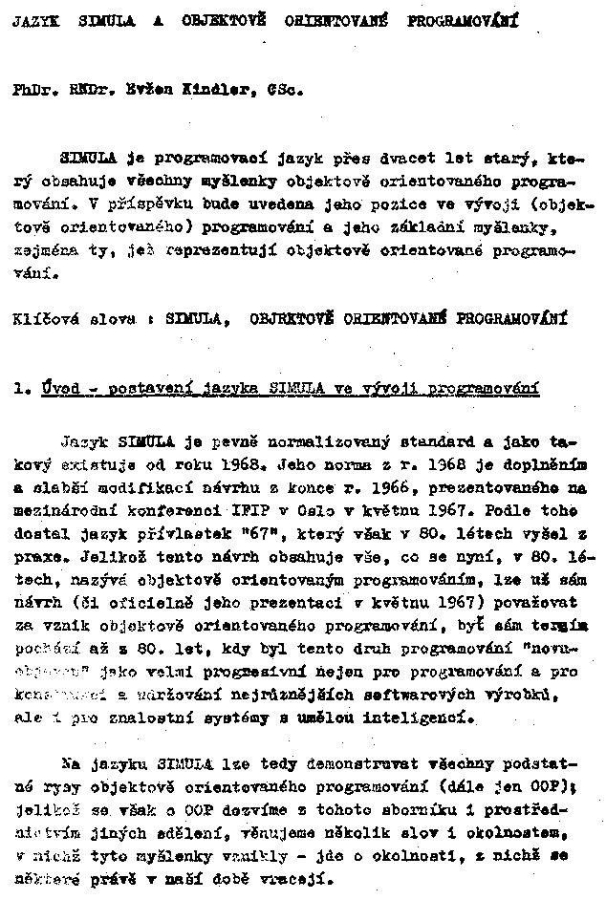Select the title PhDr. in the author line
[32, 93]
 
